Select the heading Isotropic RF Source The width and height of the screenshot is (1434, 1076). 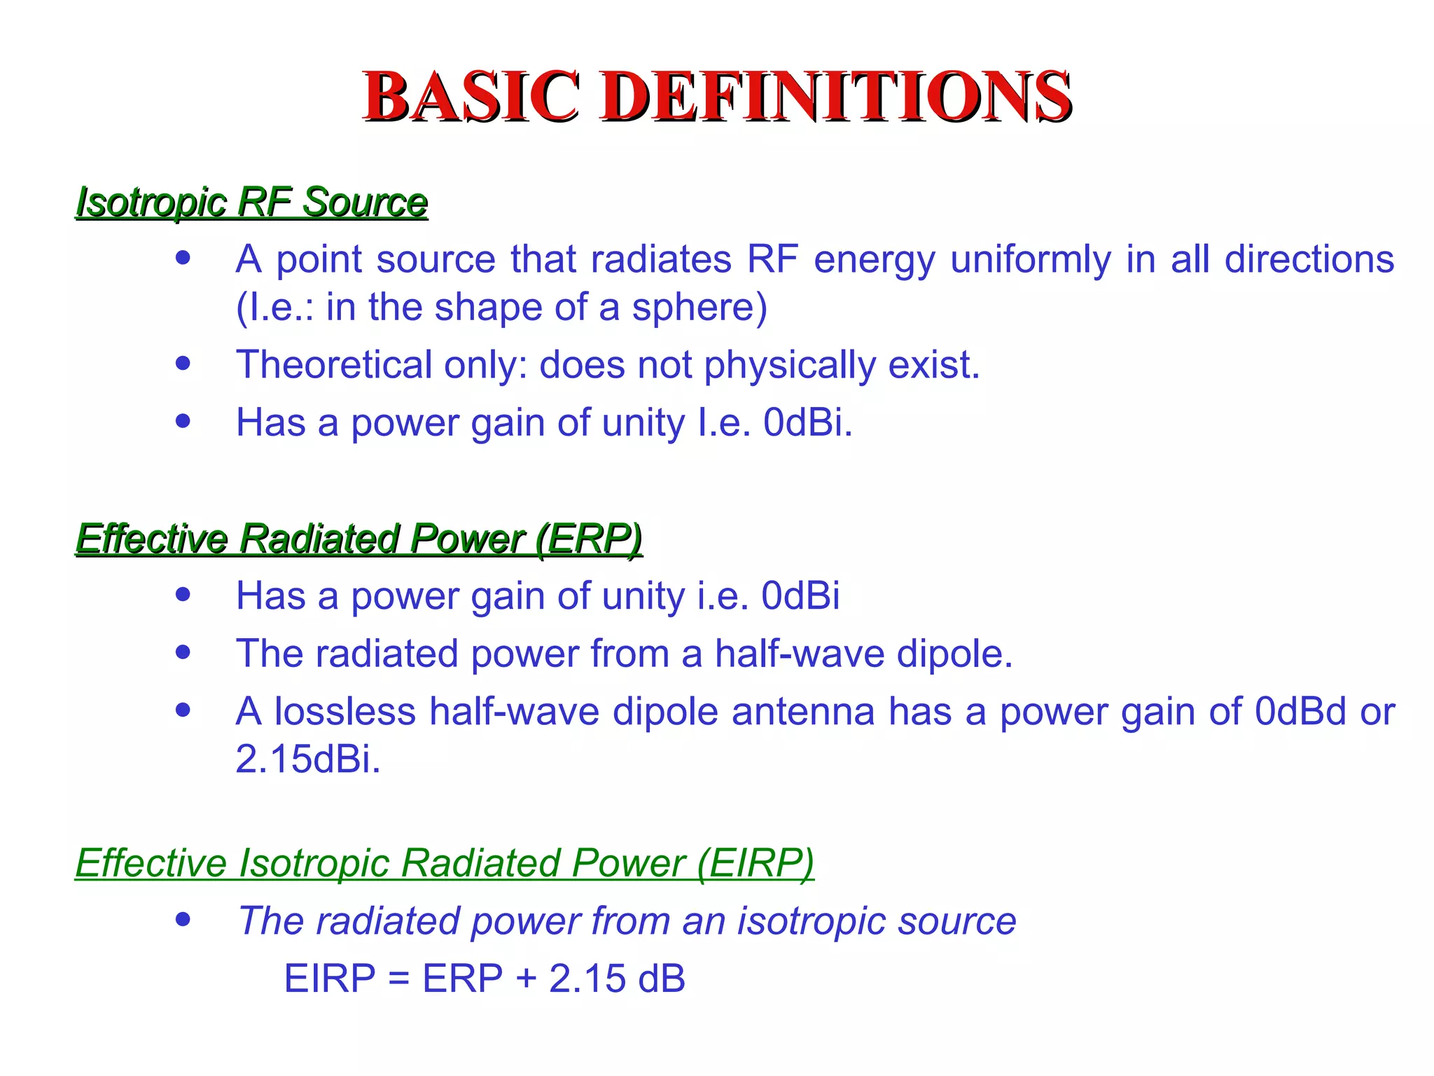[251, 202]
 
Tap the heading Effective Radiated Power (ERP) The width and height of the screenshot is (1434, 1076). [358, 539]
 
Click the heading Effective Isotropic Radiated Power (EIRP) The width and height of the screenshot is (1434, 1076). [445, 862]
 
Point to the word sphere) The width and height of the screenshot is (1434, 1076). [699, 307]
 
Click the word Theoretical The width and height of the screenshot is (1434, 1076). [334, 365]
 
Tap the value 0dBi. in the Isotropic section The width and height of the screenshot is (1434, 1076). [808, 422]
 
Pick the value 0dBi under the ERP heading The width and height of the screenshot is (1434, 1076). [800, 596]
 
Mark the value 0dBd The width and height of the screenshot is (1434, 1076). [1300, 712]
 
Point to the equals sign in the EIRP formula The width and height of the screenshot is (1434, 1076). [398, 979]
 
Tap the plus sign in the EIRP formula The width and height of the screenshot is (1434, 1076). [525, 979]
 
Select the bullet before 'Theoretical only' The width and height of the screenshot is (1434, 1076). [183, 364]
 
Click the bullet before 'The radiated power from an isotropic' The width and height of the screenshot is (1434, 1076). [183, 919]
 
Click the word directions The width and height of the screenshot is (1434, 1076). [1309, 259]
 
